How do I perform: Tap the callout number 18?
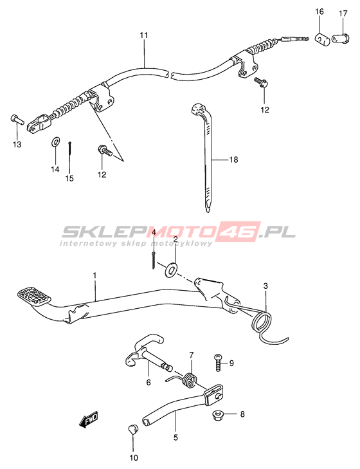234,160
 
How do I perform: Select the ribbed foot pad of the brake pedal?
34,297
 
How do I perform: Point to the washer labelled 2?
172,269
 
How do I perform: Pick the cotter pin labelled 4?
153,260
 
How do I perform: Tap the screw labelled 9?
219,362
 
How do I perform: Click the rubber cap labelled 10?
132,430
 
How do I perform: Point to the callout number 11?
144,35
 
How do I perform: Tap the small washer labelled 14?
55,142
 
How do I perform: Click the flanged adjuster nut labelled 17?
340,39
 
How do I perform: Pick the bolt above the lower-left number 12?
104,151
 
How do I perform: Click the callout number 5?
175,437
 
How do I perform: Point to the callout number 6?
148,382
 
